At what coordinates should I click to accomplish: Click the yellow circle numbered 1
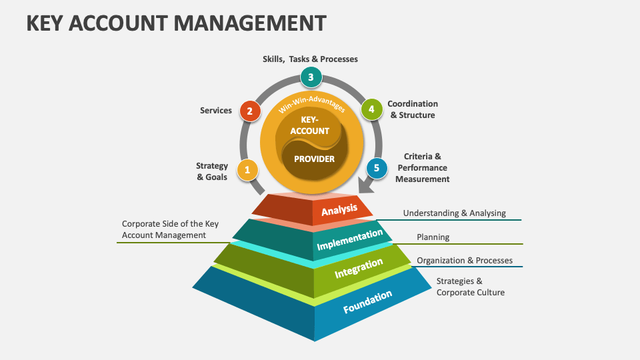pos(247,170)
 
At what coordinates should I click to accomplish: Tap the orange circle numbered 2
pos(249,111)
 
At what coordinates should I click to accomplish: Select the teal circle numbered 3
pos(311,77)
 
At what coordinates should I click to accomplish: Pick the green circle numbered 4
pos(371,109)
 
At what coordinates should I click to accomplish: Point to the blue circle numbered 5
pos(376,168)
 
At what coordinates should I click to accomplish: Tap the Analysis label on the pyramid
pos(339,211)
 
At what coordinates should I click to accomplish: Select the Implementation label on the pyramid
pos(350,240)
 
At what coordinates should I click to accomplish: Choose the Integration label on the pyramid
pos(359,269)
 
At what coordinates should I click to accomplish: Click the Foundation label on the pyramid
pos(367,302)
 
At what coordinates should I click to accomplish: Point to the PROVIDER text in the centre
pos(314,159)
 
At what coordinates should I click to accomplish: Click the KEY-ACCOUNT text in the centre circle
pos(310,125)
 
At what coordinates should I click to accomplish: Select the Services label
pos(216,111)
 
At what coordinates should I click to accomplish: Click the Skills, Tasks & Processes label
pos(310,59)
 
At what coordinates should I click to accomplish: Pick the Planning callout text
pos(433,237)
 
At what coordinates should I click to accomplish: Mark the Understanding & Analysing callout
pos(454,213)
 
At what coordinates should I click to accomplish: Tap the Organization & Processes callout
pos(465,261)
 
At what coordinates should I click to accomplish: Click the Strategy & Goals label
pos(212,171)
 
